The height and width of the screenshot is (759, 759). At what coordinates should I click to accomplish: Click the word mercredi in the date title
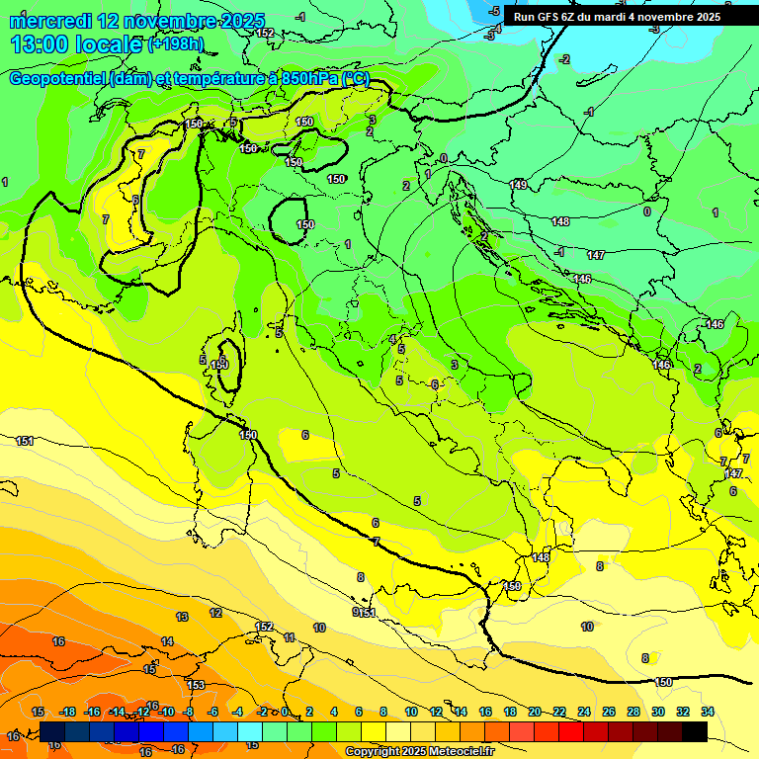tap(50, 21)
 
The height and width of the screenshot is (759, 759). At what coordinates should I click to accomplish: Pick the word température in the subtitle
tap(224, 79)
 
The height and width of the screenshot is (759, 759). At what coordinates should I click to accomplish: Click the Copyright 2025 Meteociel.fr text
tap(419, 752)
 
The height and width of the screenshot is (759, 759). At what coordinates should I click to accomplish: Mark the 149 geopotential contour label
tap(518, 185)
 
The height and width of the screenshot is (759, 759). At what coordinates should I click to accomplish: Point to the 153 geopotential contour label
tap(196, 685)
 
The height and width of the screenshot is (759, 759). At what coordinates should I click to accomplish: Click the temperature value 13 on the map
tap(182, 617)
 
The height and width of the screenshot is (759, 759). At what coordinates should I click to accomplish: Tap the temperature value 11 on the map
tap(289, 638)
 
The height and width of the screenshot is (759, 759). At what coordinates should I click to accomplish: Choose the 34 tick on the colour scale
tap(708, 712)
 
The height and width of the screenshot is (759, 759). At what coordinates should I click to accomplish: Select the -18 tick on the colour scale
tap(67, 712)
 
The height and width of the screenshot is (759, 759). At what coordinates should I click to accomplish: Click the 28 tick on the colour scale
tap(633, 712)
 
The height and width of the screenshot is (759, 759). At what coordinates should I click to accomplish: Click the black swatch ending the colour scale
tap(695, 731)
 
